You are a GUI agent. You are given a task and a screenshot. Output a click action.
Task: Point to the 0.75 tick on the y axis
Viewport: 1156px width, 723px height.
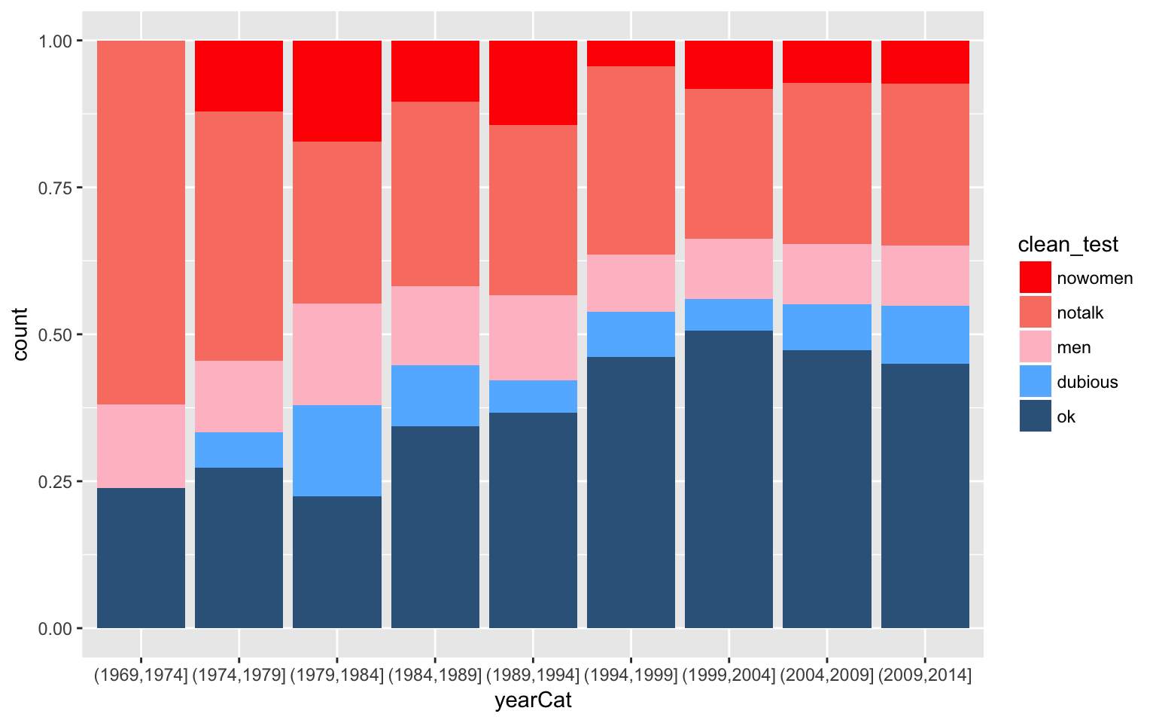coord(79,188)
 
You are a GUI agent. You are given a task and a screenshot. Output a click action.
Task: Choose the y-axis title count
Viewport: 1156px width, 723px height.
coord(20,334)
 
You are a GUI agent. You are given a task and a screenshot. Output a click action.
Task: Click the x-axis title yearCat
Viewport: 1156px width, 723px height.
coord(533,701)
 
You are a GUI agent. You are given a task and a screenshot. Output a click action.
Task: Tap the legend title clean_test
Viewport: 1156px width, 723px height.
coord(1067,245)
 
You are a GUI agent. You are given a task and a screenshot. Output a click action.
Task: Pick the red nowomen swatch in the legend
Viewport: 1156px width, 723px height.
coord(1035,278)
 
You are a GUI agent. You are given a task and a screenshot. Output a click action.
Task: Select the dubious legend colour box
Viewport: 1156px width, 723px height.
coord(1035,382)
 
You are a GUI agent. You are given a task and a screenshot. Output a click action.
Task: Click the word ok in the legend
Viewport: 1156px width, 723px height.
coord(1066,416)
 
